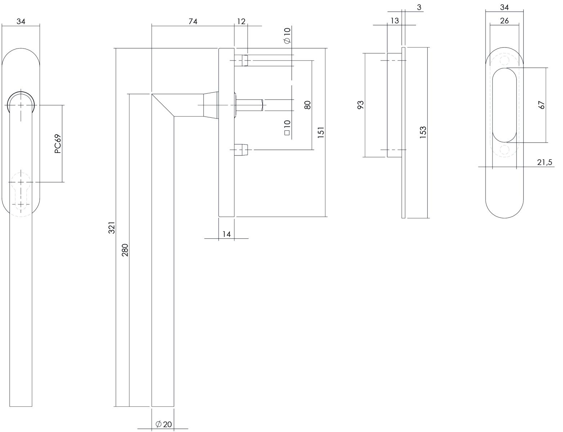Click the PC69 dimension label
click(58, 144)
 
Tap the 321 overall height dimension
click(111, 228)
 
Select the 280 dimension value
click(125, 250)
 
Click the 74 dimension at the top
click(193, 22)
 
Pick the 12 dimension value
click(241, 22)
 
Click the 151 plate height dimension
click(321, 132)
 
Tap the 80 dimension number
click(307, 105)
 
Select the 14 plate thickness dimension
click(227, 234)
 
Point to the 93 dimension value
click(361, 105)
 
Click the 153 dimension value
click(423, 132)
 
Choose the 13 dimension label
click(394, 21)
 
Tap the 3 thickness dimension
click(419, 8)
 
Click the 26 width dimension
click(504, 21)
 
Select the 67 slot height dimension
click(541, 105)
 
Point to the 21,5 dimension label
click(544, 162)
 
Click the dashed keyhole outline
click(21, 194)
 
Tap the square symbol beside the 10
click(287, 133)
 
